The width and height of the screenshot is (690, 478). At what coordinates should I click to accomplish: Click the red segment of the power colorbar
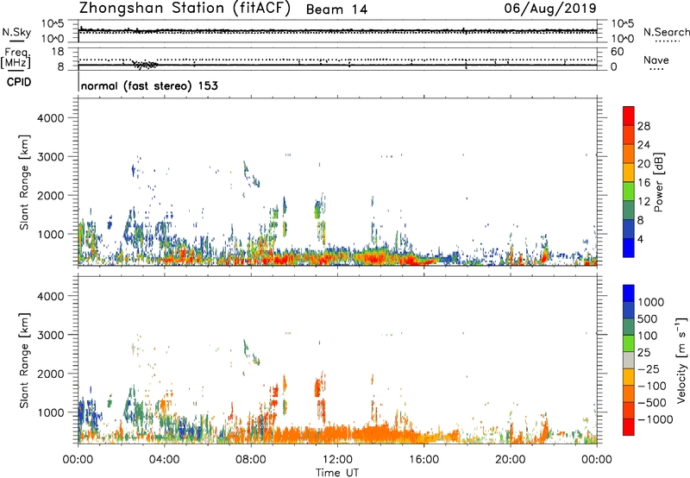(x=630, y=116)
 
